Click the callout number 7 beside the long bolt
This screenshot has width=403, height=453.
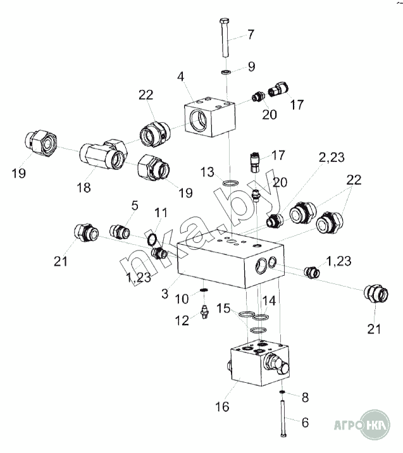[x=251, y=34]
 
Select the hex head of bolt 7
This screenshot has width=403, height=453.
[x=225, y=21]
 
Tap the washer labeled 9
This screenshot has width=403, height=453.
[x=226, y=71]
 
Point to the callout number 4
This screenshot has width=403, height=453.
[x=180, y=77]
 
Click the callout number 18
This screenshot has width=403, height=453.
[x=84, y=187]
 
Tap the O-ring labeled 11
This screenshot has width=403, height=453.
[x=152, y=239]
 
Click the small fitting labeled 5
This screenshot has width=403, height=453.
[x=120, y=232]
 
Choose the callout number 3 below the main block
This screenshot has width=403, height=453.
[x=164, y=294]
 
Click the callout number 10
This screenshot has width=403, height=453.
[x=182, y=299]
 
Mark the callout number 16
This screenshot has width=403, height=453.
[x=222, y=407]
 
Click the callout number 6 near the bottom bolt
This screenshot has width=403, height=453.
[x=305, y=423]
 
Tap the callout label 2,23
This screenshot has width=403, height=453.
[x=332, y=158]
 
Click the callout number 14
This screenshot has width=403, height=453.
[x=269, y=301]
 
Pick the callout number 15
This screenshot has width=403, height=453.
[x=223, y=308]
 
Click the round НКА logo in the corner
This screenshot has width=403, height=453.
[x=375, y=425]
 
